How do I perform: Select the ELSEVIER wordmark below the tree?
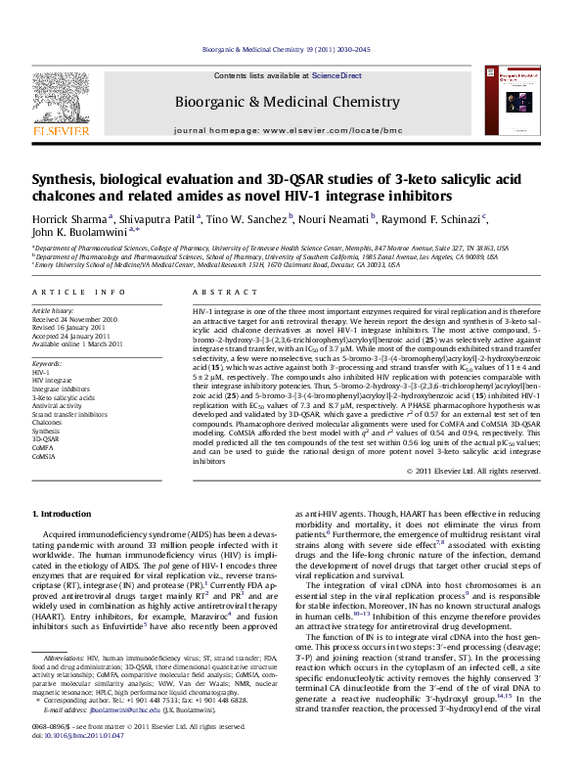(x=48, y=127)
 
